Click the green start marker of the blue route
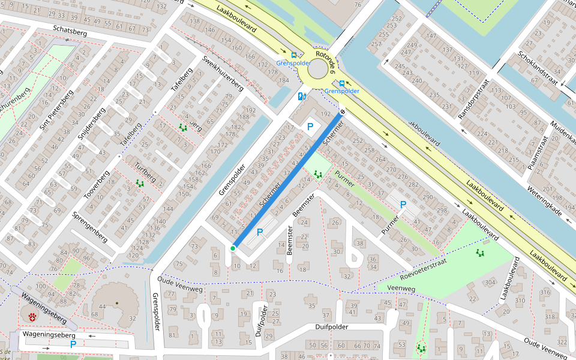pos(233,248)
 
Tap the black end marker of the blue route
pos(343,112)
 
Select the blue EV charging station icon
pos(302,95)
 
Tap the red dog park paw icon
pos(32,316)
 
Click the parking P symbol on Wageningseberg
pos(73,344)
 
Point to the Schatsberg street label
pos(70,31)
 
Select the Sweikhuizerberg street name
pos(223,71)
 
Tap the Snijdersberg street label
pos(92,124)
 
